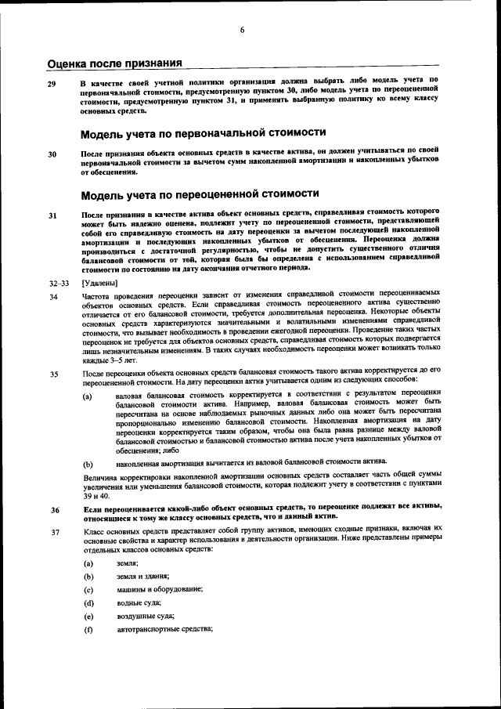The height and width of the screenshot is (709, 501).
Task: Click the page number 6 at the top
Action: click(x=243, y=30)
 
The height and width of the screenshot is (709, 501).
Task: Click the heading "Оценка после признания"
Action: click(x=115, y=63)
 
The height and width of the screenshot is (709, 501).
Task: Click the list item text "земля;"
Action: click(x=127, y=563)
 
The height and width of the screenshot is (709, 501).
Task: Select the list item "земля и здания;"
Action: click(x=142, y=577)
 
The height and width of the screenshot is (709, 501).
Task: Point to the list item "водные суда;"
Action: click(x=138, y=602)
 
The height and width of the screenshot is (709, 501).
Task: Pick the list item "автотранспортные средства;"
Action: click(x=164, y=629)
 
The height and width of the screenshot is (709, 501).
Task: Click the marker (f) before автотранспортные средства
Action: click(x=88, y=629)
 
